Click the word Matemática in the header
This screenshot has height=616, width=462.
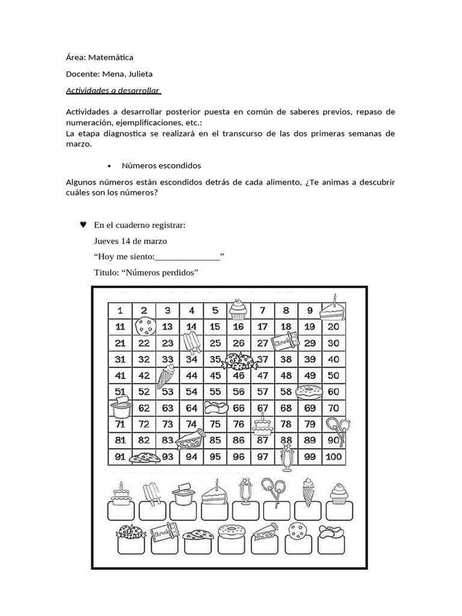pyautogui.click(x=111, y=58)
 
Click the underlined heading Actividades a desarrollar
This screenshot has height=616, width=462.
pyautogui.click(x=112, y=91)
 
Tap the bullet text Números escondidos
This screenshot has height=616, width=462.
pyautogui.click(x=161, y=165)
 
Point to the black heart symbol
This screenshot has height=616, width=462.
pyautogui.click(x=83, y=224)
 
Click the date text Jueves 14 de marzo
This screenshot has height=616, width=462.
pyautogui.click(x=131, y=241)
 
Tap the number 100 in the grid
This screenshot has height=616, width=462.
pyautogui.click(x=333, y=457)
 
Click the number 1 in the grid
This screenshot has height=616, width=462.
pyautogui.click(x=120, y=310)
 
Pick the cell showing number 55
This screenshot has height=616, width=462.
pyautogui.click(x=214, y=392)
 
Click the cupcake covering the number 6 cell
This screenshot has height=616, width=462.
pyautogui.click(x=238, y=309)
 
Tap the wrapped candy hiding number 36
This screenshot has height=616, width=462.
pyautogui.click(x=239, y=361)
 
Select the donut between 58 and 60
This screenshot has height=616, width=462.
pyautogui.click(x=310, y=392)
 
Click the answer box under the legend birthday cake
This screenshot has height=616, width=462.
pyautogui.click(x=120, y=511)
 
